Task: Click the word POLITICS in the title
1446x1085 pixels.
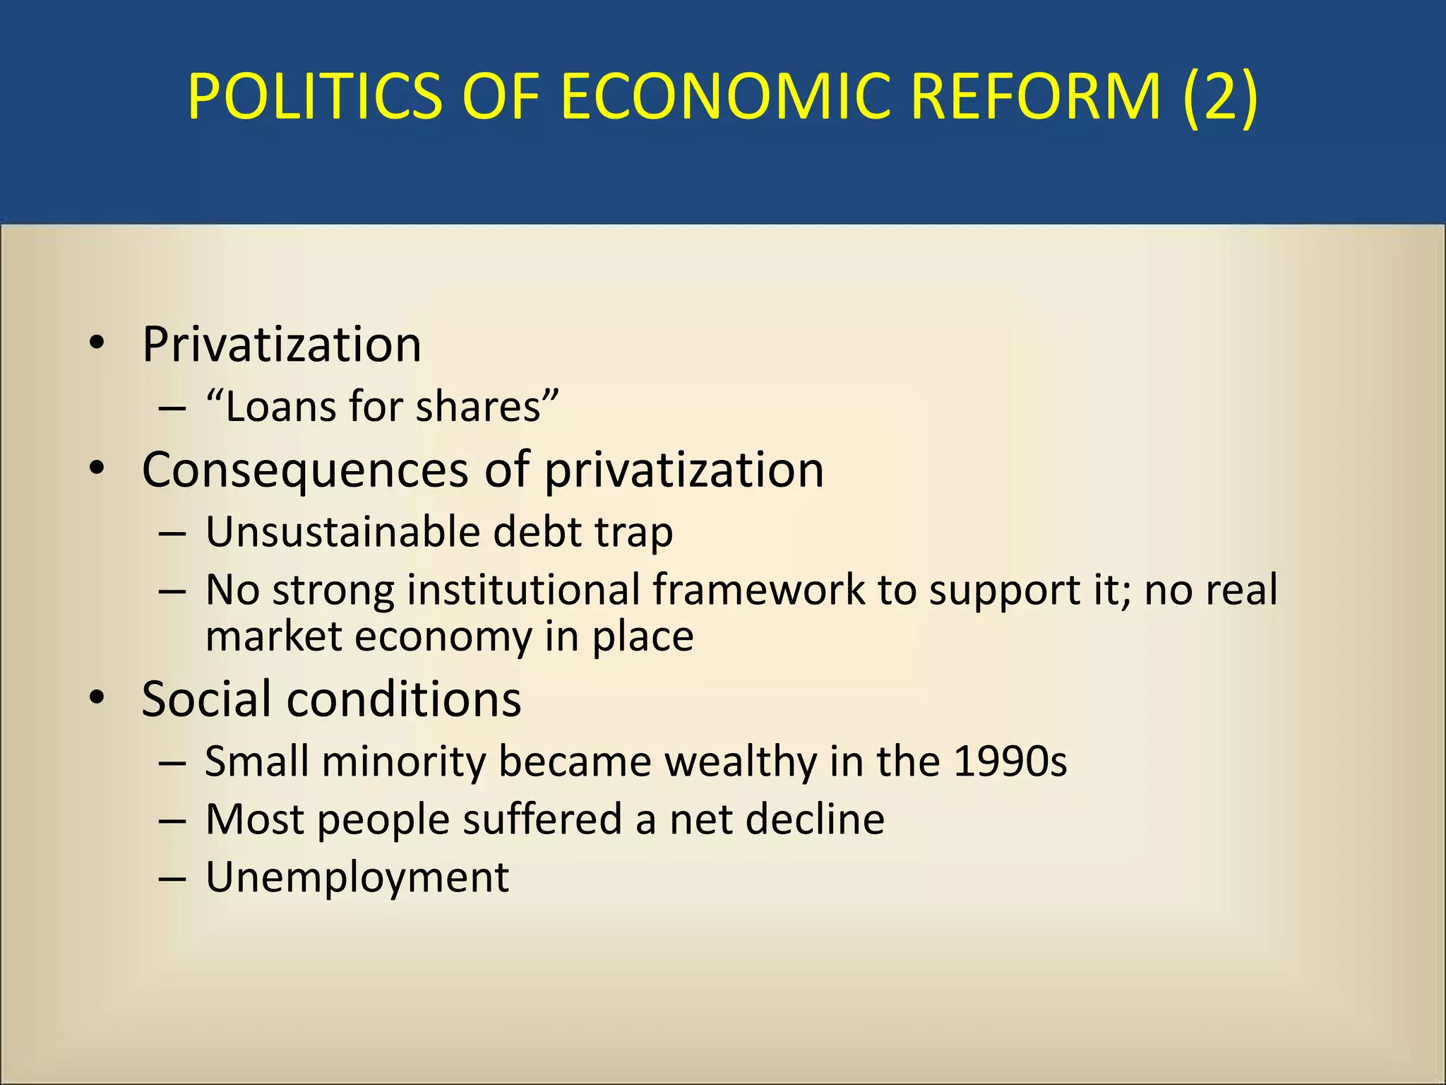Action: tap(315, 97)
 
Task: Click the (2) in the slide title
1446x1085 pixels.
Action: tap(1220, 97)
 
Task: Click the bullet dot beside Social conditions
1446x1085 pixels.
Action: tap(97, 698)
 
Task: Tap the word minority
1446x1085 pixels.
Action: tap(405, 762)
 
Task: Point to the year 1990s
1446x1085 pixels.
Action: tap(1010, 761)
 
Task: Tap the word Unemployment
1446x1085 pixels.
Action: tap(357, 878)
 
